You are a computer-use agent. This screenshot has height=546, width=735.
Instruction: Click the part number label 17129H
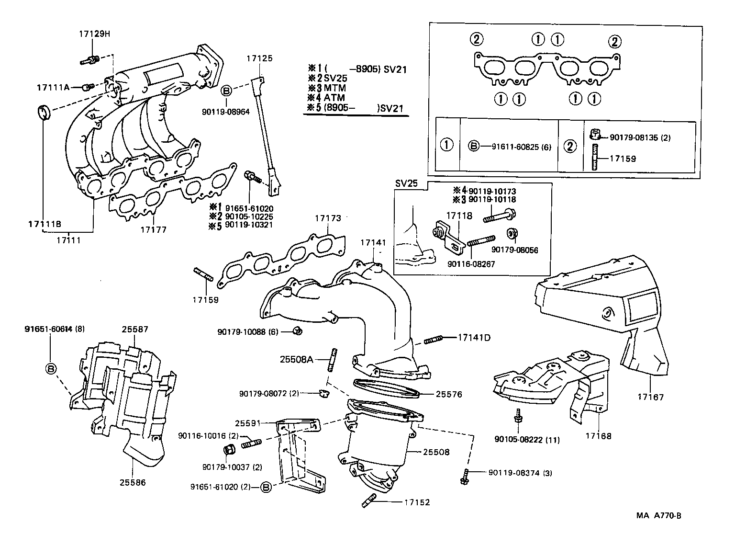point(94,34)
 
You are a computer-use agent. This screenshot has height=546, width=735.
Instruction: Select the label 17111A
point(53,87)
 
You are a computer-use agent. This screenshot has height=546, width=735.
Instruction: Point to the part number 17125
point(259,58)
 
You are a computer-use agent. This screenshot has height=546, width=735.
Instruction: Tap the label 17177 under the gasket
point(153,230)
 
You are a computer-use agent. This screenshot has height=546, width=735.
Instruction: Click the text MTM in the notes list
point(334,88)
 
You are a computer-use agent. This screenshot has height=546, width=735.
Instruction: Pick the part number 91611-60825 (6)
point(521,147)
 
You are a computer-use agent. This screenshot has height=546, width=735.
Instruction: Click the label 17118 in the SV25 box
point(459,216)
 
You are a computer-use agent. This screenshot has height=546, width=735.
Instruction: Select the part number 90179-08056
point(514,250)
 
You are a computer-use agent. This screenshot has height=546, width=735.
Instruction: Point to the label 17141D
point(474,337)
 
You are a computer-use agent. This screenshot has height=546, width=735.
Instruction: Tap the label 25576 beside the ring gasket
point(449,394)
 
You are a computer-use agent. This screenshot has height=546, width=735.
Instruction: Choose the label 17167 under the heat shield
point(651,397)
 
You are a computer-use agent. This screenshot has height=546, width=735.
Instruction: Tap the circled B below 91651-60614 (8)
point(51,368)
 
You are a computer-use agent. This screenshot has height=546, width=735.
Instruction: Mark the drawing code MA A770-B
point(658,516)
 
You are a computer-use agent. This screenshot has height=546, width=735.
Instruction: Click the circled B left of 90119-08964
point(227,90)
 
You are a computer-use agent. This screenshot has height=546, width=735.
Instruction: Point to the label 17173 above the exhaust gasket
point(328,218)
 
